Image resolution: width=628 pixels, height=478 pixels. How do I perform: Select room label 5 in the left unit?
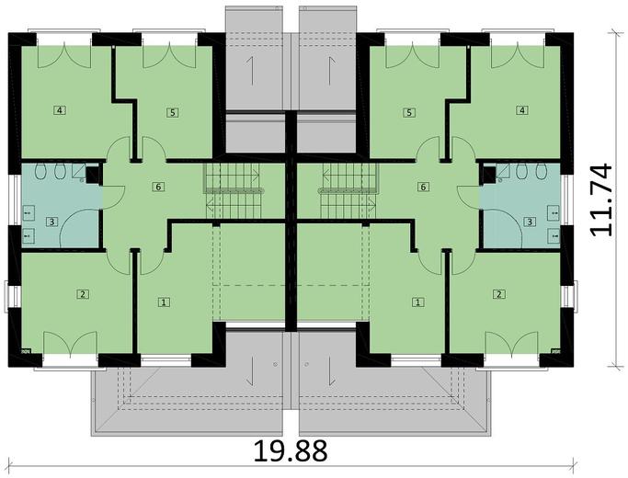(x=171, y=112)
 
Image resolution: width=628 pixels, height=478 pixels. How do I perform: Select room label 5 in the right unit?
(x=409, y=112)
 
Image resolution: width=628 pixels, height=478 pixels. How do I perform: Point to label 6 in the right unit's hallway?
(x=423, y=187)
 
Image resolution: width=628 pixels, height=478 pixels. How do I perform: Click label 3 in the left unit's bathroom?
(x=52, y=222)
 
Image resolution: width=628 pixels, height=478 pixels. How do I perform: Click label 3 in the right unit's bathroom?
(x=530, y=222)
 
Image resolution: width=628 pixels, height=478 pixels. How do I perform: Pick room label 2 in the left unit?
(x=83, y=294)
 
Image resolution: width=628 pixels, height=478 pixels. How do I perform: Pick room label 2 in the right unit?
(x=499, y=294)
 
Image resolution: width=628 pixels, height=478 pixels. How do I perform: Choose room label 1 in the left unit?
(x=165, y=302)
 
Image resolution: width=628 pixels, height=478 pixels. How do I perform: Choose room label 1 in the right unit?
(x=418, y=302)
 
